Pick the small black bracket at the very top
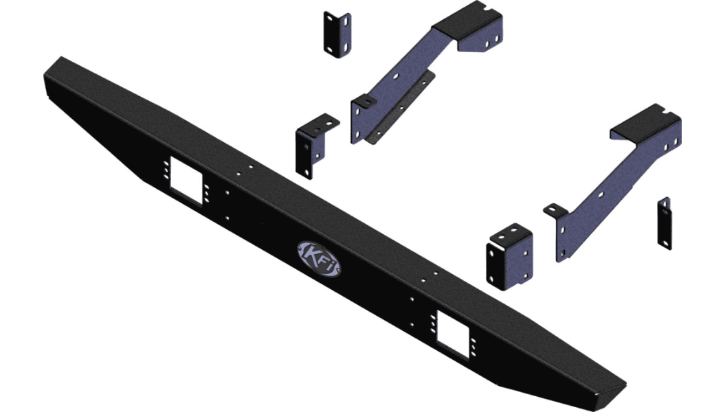coord(337,34)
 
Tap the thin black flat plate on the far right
coord(664,223)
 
